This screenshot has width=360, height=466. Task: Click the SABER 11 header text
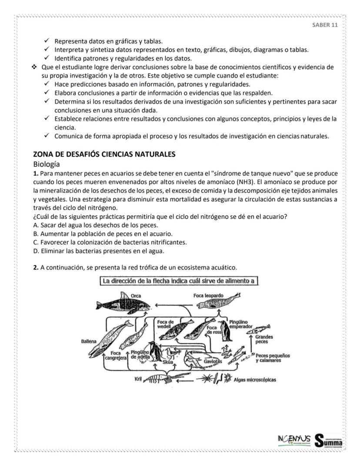point(325,25)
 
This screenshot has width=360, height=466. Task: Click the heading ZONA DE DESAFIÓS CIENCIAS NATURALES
point(104,154)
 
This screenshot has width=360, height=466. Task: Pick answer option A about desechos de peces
point(96,225)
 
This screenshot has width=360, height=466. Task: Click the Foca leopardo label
point(208,295)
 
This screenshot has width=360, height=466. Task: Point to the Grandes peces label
point(264,339)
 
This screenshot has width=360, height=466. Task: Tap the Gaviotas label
point(213,362)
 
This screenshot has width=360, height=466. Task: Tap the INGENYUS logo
point(293,439)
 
